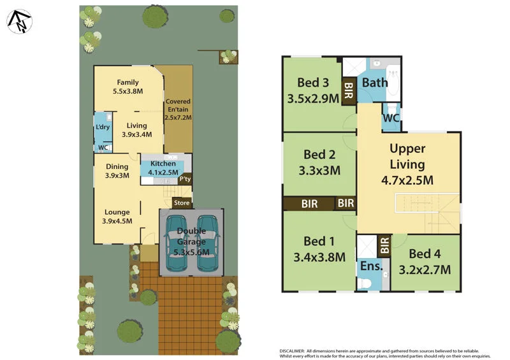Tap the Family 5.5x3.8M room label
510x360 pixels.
127,87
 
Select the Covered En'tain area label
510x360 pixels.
178,110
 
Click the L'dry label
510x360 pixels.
102,127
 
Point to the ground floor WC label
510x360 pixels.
102,148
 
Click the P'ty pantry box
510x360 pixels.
185,180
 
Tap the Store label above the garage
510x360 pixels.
182,203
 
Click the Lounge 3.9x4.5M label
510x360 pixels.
117,217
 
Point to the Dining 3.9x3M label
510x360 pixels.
117,171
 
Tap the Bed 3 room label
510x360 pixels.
313,89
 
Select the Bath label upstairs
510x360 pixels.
374,83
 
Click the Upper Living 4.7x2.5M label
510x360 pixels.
407,164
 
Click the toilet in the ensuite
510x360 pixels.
366,282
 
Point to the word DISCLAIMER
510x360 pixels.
296,350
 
